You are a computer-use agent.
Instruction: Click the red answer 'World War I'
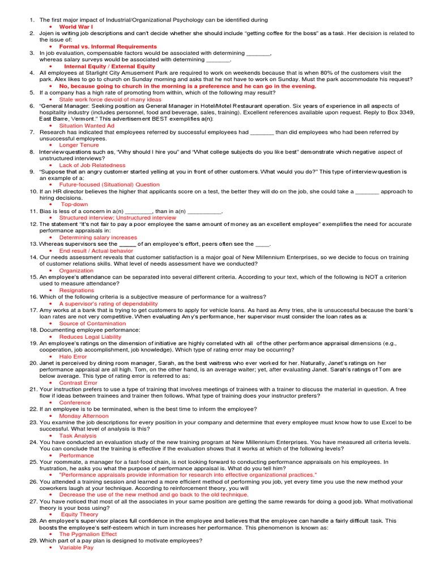coord(76,27)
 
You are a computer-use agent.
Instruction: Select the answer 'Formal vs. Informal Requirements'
coord(108,46)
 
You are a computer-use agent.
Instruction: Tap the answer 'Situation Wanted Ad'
coord(87,126)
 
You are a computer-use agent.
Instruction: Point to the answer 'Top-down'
coord(74,204)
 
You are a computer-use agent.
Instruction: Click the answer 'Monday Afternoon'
coord(84,416)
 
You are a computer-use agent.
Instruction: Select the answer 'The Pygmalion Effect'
coord(88,534)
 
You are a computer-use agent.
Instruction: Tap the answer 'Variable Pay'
coord(76,548)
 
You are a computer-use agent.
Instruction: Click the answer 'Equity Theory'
coord(79,514)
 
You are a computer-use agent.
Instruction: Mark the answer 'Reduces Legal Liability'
coord(90,336)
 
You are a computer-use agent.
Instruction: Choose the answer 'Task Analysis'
coord(78,436)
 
